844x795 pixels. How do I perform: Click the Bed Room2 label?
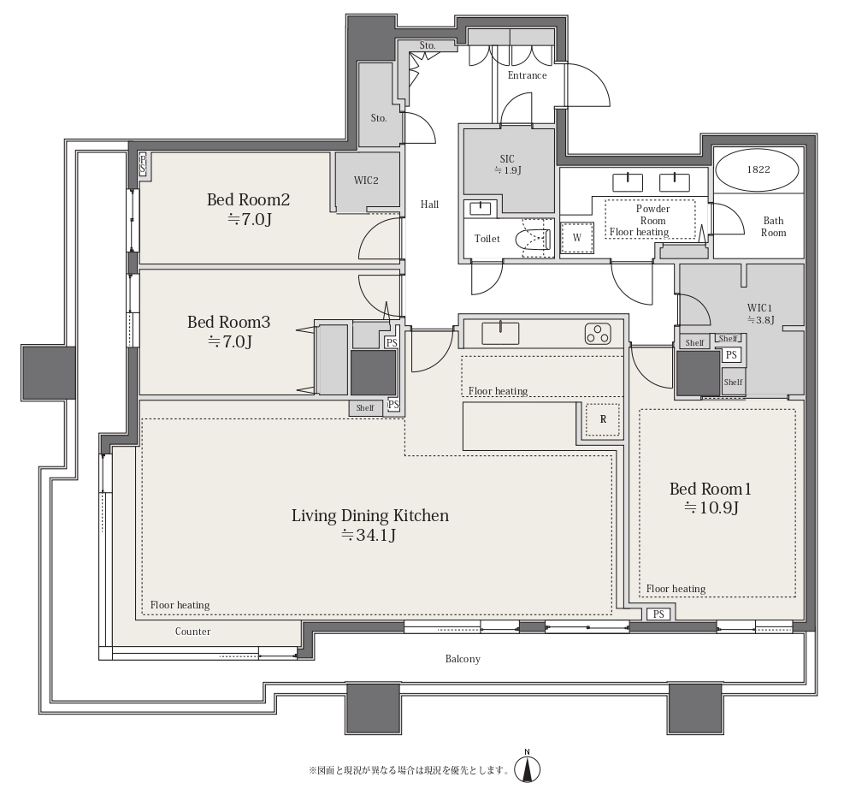click(248, 200)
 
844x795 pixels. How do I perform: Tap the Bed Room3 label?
click(229, 322)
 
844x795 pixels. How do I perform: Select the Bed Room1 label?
click(710, 489)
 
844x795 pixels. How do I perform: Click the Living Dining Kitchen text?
click(369, 515)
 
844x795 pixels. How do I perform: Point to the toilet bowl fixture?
click(533, 240)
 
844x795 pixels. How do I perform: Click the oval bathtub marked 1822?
click(758, 169)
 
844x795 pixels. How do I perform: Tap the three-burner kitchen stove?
click(598, 334)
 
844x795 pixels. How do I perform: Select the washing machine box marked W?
click(577, 238)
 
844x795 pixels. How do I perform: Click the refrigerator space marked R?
click(603, 419)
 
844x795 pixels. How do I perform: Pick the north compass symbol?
click(528, 768)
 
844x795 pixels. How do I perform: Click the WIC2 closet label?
click(366, 181)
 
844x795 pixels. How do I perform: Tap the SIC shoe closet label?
click(507, 159)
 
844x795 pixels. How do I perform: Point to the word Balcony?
click(463, 659)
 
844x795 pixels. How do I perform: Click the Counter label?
click(192, 632)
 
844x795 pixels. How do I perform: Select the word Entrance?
click(527, 75)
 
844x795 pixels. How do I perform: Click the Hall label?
click(429, 205)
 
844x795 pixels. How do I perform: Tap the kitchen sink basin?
click(500, 334)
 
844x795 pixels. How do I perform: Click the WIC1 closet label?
click(760, 308)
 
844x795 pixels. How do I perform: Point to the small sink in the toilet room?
click(480, 208)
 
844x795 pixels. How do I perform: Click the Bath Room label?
click(774, 227)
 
